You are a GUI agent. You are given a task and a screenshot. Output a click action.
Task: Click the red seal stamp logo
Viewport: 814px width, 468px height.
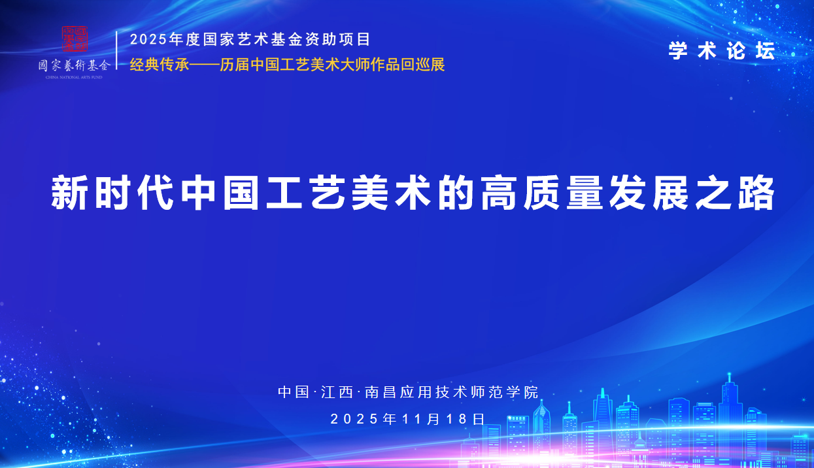tap(75, 39)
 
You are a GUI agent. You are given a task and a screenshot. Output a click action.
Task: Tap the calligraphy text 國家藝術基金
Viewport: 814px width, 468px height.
tap(75, 65)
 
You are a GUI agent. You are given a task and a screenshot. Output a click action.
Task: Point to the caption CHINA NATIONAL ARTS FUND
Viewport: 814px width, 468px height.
tap(74, 77)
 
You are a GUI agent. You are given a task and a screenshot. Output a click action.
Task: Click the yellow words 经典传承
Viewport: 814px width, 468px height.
tap(160, 65)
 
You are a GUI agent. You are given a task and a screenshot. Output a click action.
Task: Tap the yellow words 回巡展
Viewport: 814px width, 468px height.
tap(423, 65)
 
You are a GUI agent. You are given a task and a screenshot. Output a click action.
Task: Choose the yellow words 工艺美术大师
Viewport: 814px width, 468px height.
tap(325, 65)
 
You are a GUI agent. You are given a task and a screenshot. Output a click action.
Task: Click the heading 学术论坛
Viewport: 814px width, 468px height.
tap(722, 50)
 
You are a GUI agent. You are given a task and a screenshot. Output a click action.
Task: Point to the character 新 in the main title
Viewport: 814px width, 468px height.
tap(69, 192)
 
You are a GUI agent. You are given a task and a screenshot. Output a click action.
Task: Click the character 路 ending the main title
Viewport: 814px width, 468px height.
tap(756, 192)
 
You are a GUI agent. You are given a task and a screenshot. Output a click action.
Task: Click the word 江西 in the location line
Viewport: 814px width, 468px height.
tap(337, 392)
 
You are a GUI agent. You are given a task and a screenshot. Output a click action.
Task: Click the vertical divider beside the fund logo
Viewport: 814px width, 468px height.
tap(116, 50)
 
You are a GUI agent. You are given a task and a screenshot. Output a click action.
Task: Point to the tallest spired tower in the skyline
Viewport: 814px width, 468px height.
tap(730, 414)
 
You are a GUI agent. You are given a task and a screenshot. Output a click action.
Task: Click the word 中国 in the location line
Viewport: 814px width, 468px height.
tap(294, 392)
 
